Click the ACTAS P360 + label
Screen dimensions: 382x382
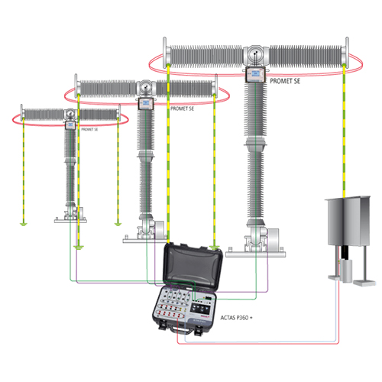(x=236, y=318)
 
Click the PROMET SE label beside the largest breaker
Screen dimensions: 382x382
(x=285, y=81)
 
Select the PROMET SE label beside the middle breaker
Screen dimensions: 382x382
(x=182, y=108)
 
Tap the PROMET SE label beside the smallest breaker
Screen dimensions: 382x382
(x=89, y=129)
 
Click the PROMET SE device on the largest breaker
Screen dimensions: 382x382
(x=255, y=74)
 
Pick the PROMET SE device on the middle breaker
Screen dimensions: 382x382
(x=146, y=103)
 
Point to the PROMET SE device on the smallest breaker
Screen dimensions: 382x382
(x=70, y=125)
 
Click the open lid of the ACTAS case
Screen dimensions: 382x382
(x=193, y=266)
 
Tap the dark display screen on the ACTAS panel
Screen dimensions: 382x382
(x=202, y=309)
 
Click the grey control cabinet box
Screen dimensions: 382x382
(x=348, y=221)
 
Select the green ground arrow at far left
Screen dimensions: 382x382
(x=24, y=224)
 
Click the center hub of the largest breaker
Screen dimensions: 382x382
(x=255, y=55)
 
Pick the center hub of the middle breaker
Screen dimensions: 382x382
(x=146, y=88)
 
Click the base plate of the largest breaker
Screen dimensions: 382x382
(x=256, y=254)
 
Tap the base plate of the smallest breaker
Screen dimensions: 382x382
(x=70, y=221)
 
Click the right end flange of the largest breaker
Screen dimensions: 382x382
(x=347, y=53)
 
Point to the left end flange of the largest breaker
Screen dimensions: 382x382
(x=165, y=53)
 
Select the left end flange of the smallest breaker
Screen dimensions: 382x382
(x=21, y=112)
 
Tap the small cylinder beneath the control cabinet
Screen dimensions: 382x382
(x=346, y=270)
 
